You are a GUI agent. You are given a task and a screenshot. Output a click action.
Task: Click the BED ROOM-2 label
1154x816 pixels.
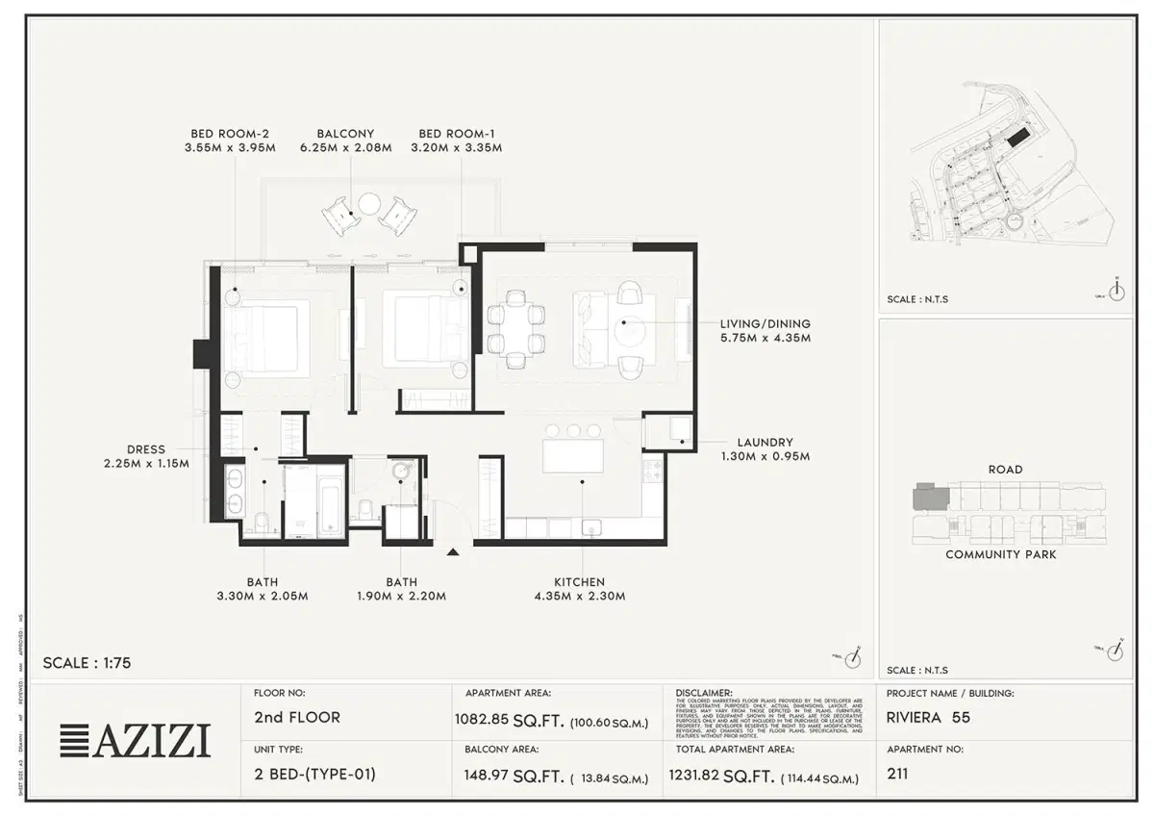click(x=230, y=134)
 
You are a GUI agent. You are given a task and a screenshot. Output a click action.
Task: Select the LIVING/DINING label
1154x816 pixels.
click(x=765, y=324)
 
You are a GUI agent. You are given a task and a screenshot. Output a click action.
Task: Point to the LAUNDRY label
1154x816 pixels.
click(x=765, y=443)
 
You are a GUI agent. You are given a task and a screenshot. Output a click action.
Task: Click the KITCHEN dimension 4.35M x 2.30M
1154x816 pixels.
click(x=579, y=597)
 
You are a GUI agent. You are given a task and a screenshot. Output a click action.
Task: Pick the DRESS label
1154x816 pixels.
click(x=145, y=449)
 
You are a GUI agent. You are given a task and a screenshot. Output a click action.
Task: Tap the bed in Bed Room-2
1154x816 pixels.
click(x=263, y=332)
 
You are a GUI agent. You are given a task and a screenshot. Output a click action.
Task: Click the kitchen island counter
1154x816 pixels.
click(x=573, y=455)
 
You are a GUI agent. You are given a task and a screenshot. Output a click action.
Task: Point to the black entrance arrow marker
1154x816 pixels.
click(x=453, y=550)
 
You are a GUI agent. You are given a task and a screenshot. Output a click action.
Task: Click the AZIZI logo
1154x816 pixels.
click(x=136, y=740)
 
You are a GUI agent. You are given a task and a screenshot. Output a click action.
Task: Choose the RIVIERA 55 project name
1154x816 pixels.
click(x=928, y=717)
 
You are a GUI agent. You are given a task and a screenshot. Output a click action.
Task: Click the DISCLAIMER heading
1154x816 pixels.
click(x=704, y=692)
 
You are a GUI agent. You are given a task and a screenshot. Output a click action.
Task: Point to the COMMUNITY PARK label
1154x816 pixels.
click(x=1000, y=554)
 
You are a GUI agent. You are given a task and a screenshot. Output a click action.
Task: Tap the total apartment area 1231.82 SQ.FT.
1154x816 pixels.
click(x=722, y=776)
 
